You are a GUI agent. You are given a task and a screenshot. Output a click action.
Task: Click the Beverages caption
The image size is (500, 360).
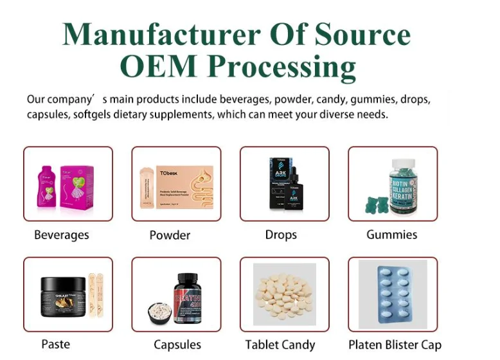point(62,235)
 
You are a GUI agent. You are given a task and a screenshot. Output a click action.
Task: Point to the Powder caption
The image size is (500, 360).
point(170,235)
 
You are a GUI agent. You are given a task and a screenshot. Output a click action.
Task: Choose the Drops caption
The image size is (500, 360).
point(281,235)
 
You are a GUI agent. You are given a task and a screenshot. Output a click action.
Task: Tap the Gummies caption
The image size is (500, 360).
point(392,235)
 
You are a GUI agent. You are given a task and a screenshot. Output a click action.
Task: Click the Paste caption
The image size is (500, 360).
point(55,344)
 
